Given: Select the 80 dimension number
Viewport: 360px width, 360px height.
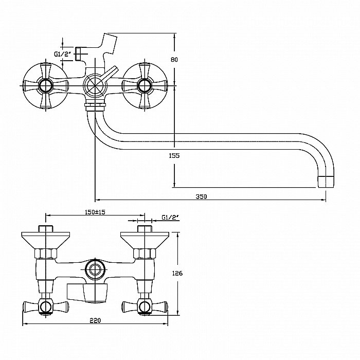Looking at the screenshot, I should point(174,60).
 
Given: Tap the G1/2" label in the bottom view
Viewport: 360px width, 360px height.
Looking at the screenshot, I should point(169,218).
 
